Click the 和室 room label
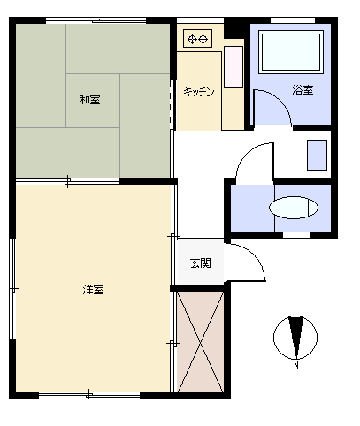(x=89, y=100)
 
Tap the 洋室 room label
(x=93, y=289)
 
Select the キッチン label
(x=199, y=92)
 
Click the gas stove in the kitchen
(x=198, y=38)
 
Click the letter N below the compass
(x=296, y=363)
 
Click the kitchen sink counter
(x=234, y=66)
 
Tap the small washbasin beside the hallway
(x=316, y=155)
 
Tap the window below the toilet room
(x=295, y=235)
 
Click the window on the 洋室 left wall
(x=11, y=287)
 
